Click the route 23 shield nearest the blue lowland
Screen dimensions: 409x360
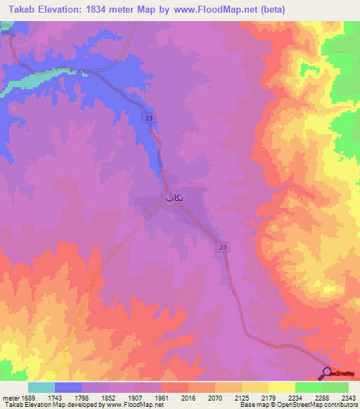coord(148,119)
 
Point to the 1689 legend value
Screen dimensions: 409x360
coord(28,398)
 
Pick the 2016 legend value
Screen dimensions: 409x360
coord(189,398)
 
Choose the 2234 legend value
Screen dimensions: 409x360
coord(296,398)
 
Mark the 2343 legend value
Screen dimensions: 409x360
coord(349,398)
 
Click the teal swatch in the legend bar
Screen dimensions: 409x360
coord(41,387)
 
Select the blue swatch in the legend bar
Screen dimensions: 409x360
coord(68,387)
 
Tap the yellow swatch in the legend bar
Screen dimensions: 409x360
coord(282,387)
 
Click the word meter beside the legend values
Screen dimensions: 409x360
coord(8,398)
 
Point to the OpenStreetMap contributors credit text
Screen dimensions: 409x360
coord(323,405)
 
